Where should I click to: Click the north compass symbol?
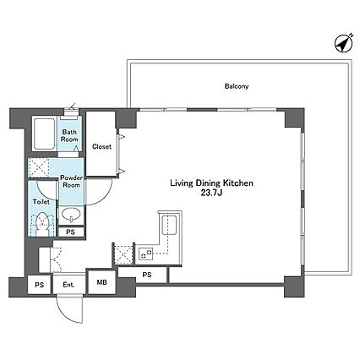point(344,43)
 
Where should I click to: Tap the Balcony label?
point(237,86)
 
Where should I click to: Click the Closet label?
point(101,146)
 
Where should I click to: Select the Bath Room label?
point(69,135)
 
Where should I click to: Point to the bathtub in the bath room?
point(44,134)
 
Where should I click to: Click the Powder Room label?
point(72,182)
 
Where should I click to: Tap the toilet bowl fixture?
point(42,224)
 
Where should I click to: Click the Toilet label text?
point(41,202)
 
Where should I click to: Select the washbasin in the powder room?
point(71,215)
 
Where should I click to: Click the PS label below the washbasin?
point(71,232)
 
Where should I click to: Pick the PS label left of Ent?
point(40,285)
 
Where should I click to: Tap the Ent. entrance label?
point(68,285)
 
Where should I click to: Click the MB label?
point(101,282)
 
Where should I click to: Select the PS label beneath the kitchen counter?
point(147,275)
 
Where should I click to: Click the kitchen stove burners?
point(145,254)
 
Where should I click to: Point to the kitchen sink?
point(168,225)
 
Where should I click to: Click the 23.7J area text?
point(211,194)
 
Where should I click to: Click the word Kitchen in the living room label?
point(238,183)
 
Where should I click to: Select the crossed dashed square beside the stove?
point(123,254)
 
